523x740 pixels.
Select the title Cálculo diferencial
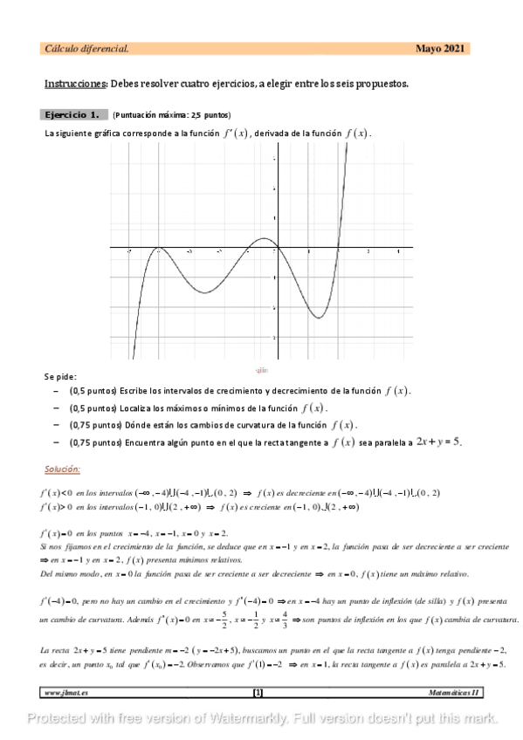pos(86,49)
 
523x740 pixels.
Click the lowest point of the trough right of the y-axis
pos(319,318)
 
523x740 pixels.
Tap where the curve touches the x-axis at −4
pos(159,249)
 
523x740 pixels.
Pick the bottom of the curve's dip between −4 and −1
pos(204,292)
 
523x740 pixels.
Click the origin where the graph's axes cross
pos(276,249)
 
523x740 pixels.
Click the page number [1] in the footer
pos(258,692)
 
